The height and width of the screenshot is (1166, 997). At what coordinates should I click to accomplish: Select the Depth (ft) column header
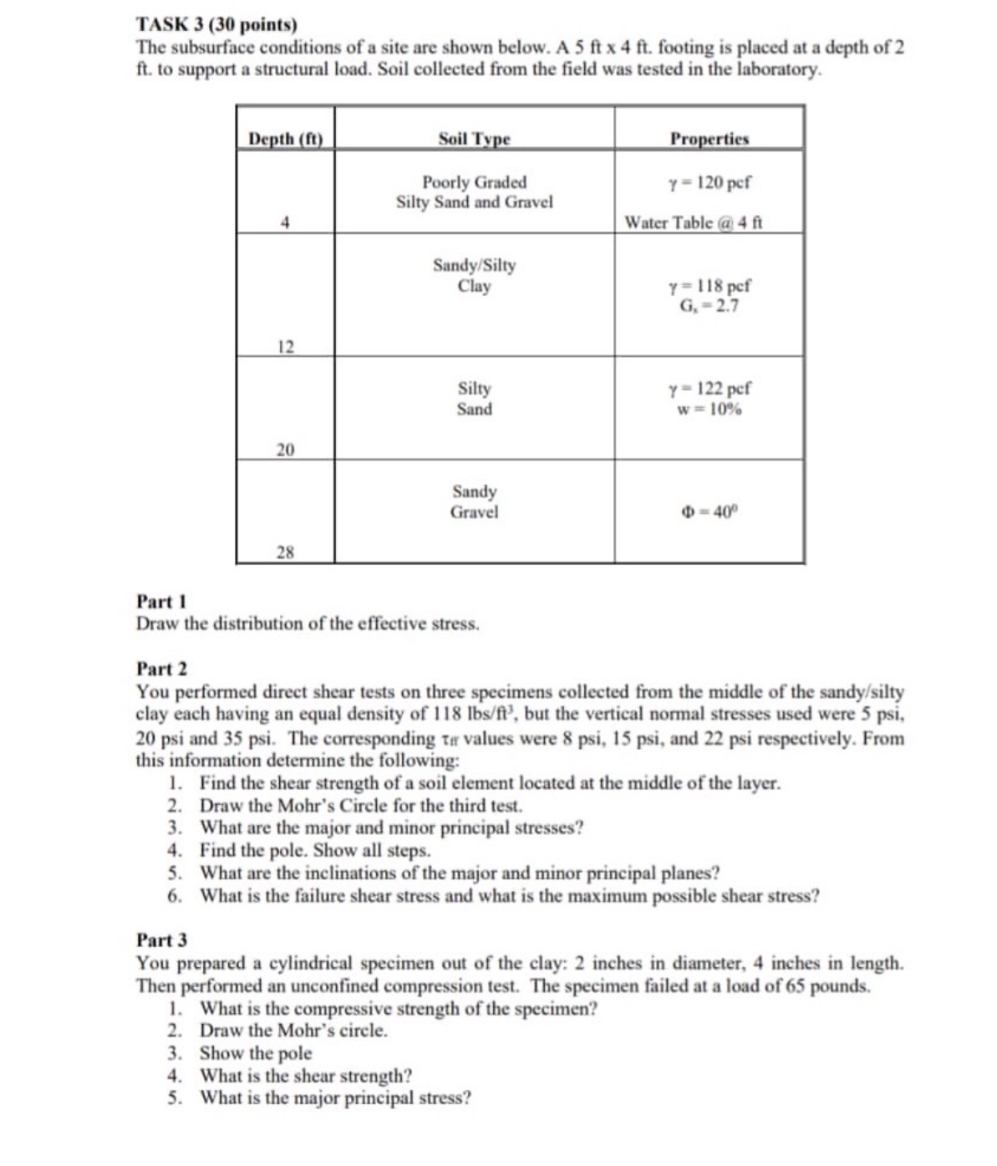tap(285, 139)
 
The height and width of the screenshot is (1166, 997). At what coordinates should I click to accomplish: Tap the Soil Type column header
tap(474, 139)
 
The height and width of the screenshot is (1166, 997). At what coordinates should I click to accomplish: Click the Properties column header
tap(710, 139)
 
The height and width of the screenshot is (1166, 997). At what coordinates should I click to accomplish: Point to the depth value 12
tap(285, 347)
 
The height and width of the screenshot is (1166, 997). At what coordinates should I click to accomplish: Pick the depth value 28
tap(285, 552)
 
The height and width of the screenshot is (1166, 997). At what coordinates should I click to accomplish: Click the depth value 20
tap(285, 450)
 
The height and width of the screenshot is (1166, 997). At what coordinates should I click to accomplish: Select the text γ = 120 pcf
tap(710, 182)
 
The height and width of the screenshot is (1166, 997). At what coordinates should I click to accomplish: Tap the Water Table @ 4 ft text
tap(693, 222)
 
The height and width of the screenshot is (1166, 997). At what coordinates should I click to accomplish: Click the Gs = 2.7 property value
tap(710, 306)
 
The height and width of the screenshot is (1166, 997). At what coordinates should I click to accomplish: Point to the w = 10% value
tap(710, 410)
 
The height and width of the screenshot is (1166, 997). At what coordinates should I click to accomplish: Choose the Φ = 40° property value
tap(710, 512)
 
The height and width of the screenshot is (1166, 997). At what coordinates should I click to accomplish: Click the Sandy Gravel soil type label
tap(474, 502)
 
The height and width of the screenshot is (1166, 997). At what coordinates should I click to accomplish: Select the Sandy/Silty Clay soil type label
tap(474, 275)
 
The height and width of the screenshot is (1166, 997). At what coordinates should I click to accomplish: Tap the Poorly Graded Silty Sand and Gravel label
tap(474, 192)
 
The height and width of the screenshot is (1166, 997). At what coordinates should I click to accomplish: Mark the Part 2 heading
tap(162, 669)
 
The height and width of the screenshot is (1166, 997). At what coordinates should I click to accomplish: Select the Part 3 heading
tap(162, 940)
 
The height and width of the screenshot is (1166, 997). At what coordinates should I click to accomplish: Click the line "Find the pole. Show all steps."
tap(315, 851)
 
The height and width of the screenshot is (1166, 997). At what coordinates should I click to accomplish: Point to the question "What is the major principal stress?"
tap(335, 1097)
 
